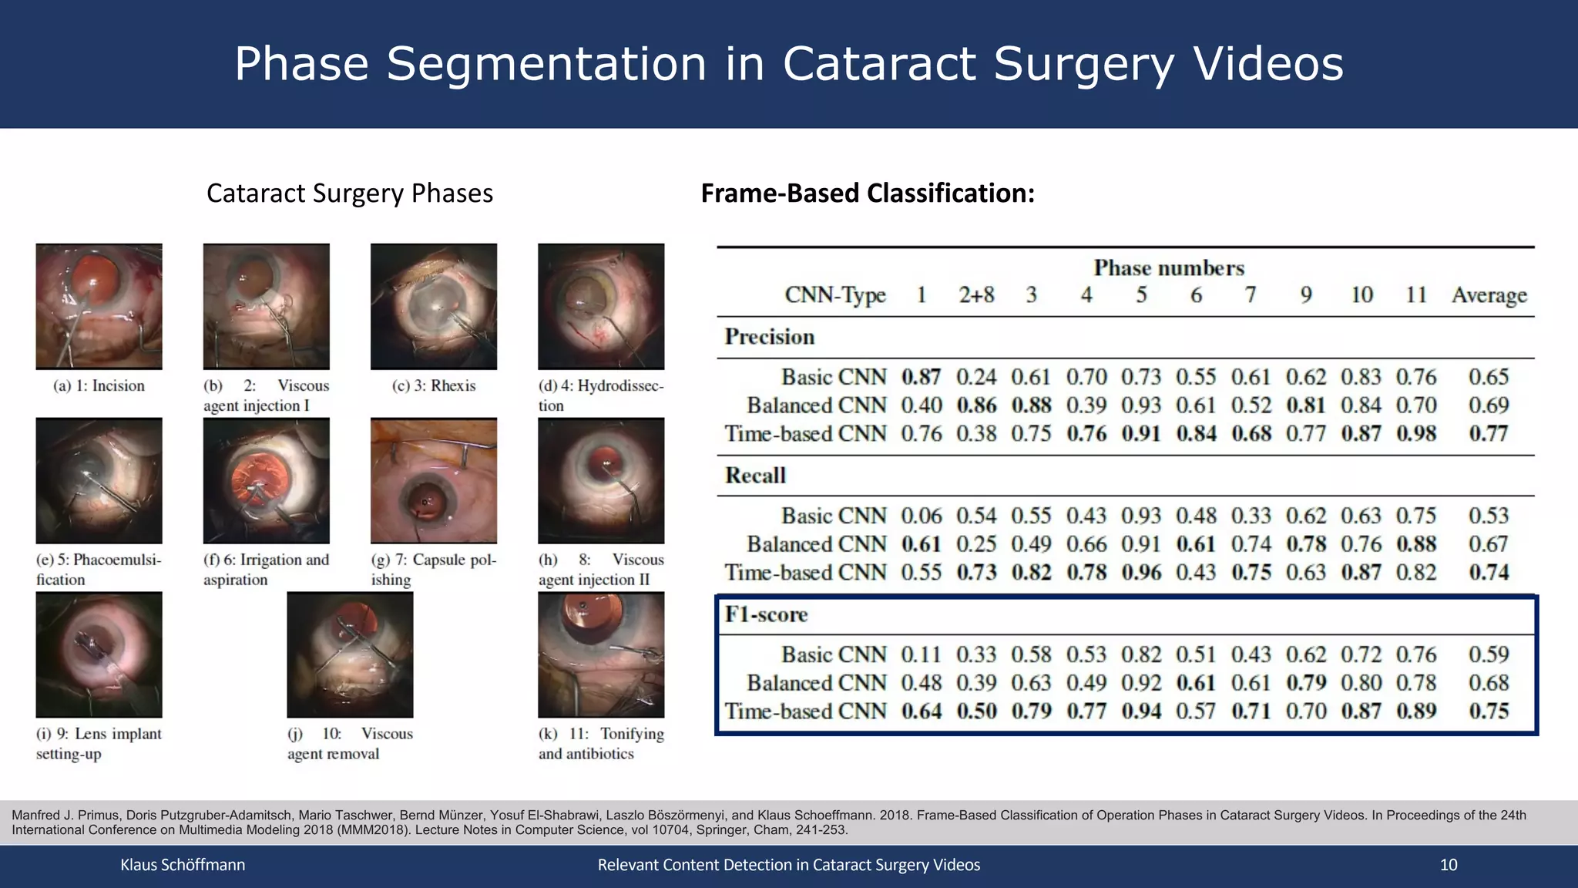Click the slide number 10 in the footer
pos(1448,865)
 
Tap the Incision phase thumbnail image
pos(99,306)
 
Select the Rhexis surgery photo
pos(433,306)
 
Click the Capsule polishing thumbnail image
pos(433,480)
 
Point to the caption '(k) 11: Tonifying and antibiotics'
pos(600,743)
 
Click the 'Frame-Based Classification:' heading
pos(868,193)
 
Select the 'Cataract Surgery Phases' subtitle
pos(349,193)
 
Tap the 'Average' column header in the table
pos(1489,295)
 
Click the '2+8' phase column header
pos(976,295)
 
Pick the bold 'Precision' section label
pos(769,337)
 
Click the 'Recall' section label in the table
pos(755,476)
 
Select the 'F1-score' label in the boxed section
pos(766,614)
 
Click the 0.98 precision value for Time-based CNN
pos(1416,433)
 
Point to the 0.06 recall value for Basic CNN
pos(922,516)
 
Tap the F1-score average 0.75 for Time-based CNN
pos(1489,711)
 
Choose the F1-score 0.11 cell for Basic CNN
pos(922,654)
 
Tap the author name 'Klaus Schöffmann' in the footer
pos(183,865)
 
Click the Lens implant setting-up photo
pos(99,654)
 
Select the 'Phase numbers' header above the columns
pos(1169,268)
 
